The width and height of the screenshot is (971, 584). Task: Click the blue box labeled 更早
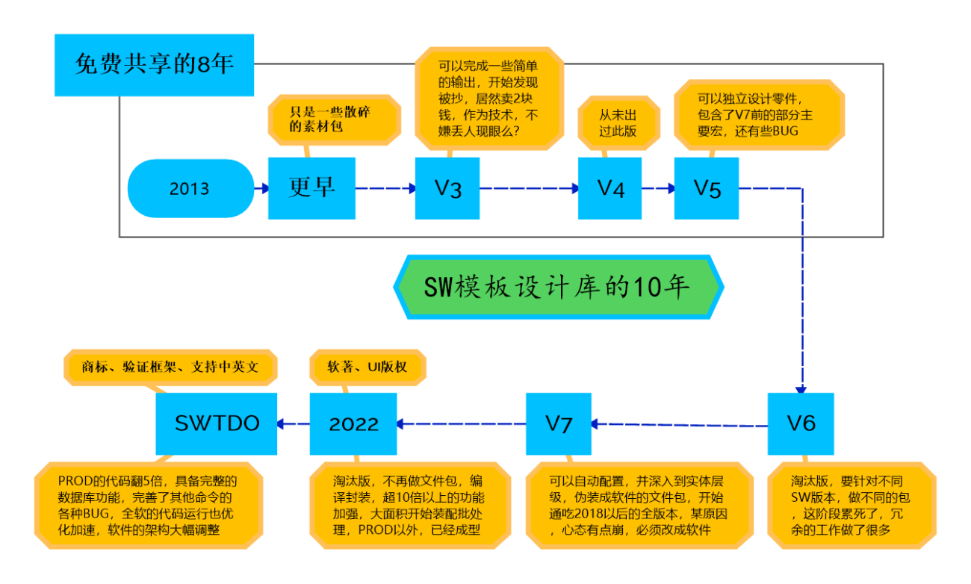(311, 188)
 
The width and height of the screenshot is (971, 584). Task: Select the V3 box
(447, 188)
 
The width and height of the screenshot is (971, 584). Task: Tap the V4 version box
(609, 188)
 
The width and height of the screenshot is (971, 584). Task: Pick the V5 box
(707, 188)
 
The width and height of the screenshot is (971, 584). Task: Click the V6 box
(801, 423)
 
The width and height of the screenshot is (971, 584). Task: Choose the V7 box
(558, 423)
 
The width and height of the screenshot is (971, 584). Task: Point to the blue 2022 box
(353, 423)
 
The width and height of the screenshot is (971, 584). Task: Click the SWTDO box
(216, 423)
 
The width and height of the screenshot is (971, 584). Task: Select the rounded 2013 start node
(190, 188)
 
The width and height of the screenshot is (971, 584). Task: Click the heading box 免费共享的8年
(154, 65)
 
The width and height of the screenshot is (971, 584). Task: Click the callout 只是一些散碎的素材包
(334, 119)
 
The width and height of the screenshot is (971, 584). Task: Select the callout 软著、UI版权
(367, 367)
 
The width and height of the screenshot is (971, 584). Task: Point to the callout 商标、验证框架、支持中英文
(171, 367)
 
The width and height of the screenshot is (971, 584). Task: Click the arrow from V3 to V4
(529, 189)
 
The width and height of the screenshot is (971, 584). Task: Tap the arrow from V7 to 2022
(461, 424)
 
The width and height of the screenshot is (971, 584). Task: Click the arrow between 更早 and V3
(385, 189)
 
